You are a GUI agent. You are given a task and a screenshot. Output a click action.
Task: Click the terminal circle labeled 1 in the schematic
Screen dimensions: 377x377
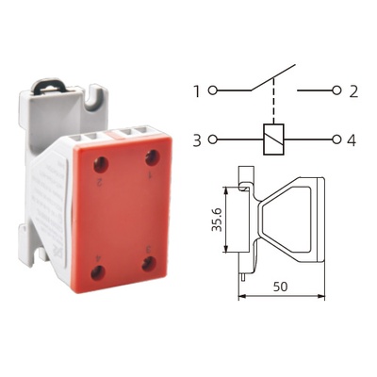click(213, 90)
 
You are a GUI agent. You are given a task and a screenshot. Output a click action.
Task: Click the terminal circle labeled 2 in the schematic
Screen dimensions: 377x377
click(337, 90)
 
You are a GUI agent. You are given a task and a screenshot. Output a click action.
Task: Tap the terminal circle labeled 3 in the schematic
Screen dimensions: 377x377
click(213, 139)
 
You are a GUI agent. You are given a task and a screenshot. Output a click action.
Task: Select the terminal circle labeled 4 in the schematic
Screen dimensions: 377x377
click(337, 139)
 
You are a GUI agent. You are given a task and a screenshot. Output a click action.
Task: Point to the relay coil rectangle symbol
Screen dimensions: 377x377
click(273, 139)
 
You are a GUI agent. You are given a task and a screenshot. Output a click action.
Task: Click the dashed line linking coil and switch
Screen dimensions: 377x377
click(273, 101)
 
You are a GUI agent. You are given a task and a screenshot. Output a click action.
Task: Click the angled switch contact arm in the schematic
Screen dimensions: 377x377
click(273, 78)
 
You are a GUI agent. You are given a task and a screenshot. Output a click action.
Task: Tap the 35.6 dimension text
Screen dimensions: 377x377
click(217, 220)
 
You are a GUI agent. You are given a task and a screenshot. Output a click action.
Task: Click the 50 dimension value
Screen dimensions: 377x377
click(280, 287)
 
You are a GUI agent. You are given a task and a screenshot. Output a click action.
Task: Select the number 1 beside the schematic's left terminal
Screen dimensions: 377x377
click(197, 91)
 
